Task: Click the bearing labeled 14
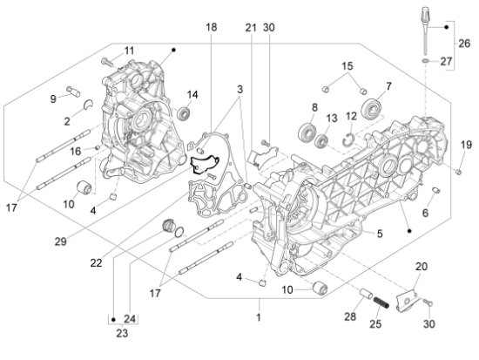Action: coord(185,113)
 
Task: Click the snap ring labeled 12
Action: coord(346,134)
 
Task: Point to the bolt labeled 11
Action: coord(105,59)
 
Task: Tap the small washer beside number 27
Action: coord(424,62)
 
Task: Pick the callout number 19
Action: coord(466,145)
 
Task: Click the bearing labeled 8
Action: coord(307,132)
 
